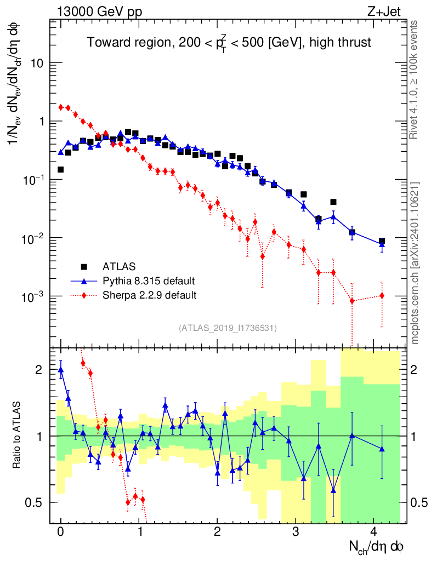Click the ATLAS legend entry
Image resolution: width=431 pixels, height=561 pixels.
click(x=118, y=267)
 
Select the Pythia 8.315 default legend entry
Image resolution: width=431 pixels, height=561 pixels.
click(x=149, y=281)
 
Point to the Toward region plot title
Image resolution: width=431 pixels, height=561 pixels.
click(x=230, y=43)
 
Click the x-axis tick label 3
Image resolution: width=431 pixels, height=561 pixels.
click(x=296, y=531)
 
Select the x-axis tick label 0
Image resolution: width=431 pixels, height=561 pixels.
click(x=61, y=531)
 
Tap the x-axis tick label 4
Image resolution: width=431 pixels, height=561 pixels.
click(x=374, y=531)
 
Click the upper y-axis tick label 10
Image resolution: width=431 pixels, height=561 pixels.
click(x=37, y=64)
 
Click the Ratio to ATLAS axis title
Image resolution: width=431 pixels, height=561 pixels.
click(x=17, y=436)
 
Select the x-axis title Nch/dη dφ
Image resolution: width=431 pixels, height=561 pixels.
click(x=377, y=546)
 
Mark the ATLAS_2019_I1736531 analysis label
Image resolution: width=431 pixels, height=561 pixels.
click(x=228, y=328)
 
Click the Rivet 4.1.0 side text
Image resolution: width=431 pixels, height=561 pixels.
click(x=416, y=79)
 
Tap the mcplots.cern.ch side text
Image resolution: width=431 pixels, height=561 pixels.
click(x=416, y=263)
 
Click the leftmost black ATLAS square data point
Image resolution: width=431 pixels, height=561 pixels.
click(x=60, y=170)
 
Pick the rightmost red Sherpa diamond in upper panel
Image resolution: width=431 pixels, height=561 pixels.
click(x=382, y=296)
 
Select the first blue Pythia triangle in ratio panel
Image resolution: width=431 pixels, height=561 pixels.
click(x=60, y=370)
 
